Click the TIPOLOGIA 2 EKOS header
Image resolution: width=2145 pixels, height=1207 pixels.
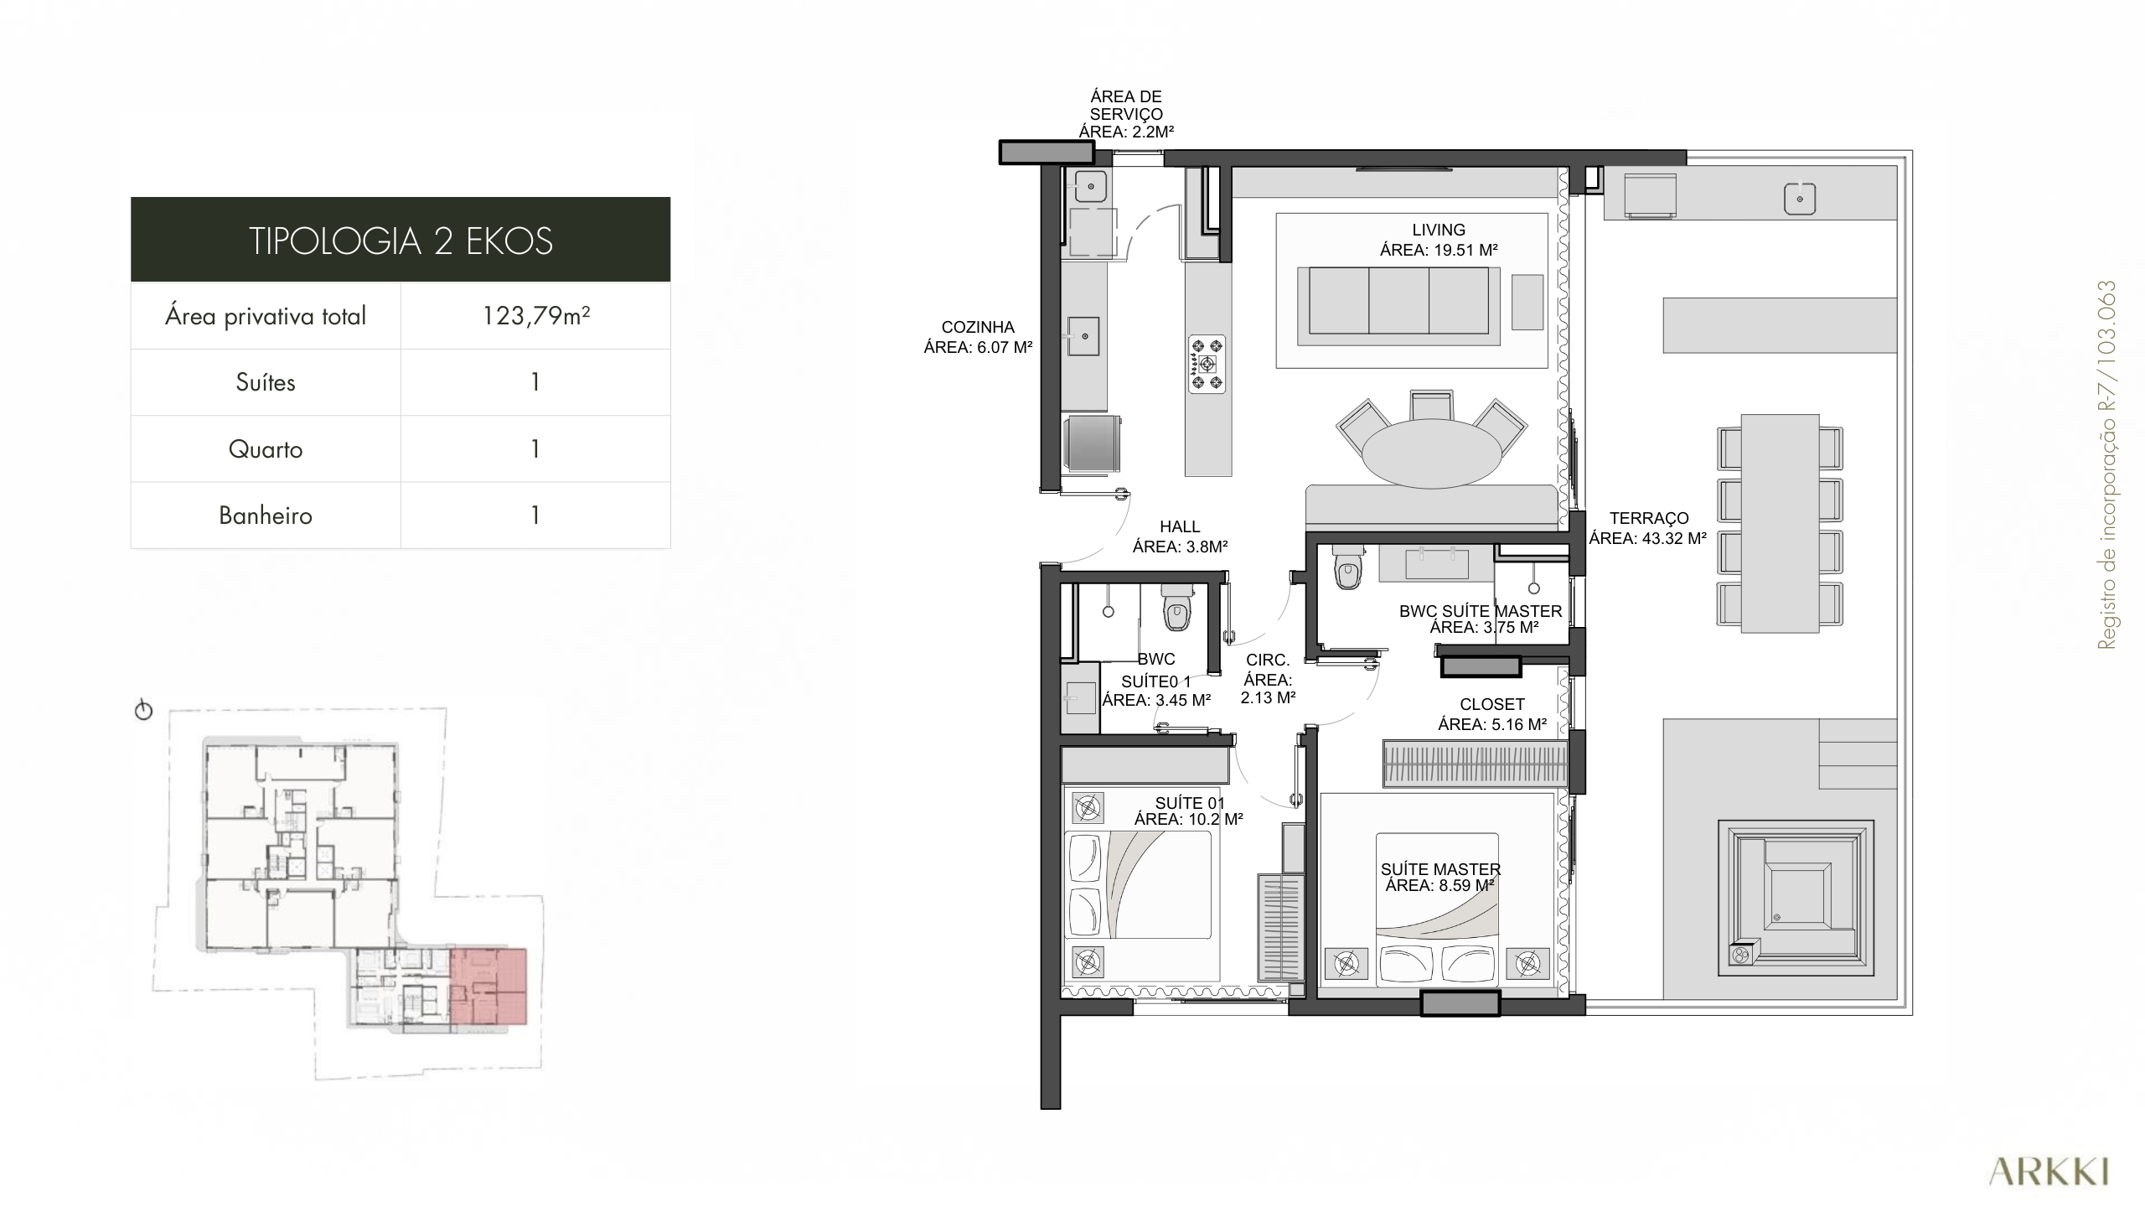(x=401, y=241)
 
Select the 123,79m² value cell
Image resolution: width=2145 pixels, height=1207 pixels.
(x=536, y=316)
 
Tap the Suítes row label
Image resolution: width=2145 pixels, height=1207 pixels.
(x=266, y=382)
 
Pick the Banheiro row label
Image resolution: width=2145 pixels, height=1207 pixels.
(x=266, y=515)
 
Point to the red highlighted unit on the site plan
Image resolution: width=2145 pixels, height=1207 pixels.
(x=488, y=987)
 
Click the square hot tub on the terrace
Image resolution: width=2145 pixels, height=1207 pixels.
(x=1796, y=898)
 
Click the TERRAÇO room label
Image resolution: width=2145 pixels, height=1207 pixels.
(x=1649, y=518)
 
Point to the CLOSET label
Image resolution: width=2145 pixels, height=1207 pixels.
(x=1492, y=704)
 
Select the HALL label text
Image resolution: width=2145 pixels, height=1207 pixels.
(x=1180, y=526)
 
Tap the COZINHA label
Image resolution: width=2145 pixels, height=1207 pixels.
(x=978, y=327)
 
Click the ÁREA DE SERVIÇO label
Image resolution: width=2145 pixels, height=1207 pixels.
(x=1126, y=105)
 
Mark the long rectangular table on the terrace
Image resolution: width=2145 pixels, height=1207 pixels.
(x=1780, y=523)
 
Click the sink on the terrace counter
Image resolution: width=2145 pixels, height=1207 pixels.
(x=1799, y=199)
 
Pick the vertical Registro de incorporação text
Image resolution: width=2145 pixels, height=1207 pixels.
(x=2106, y=464)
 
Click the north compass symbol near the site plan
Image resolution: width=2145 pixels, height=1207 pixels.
(x=144, y=711)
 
